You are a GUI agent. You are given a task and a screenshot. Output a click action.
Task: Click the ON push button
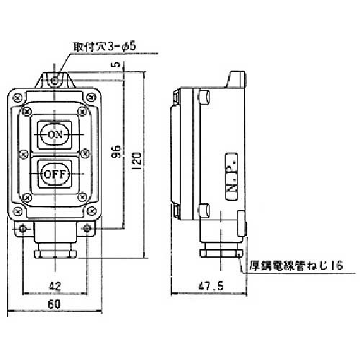click(55, 135)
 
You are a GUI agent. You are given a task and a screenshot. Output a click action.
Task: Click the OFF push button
click(55, 174)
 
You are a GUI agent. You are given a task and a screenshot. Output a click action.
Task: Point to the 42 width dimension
click(55, 286)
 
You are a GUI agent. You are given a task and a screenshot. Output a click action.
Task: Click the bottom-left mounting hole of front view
click(24, 229)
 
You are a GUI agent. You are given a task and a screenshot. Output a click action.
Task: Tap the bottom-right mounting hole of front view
click(87, 229)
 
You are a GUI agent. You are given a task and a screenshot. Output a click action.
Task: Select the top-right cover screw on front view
click(91, 97)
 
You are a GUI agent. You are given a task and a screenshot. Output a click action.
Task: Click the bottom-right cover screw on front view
click(91, 210)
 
